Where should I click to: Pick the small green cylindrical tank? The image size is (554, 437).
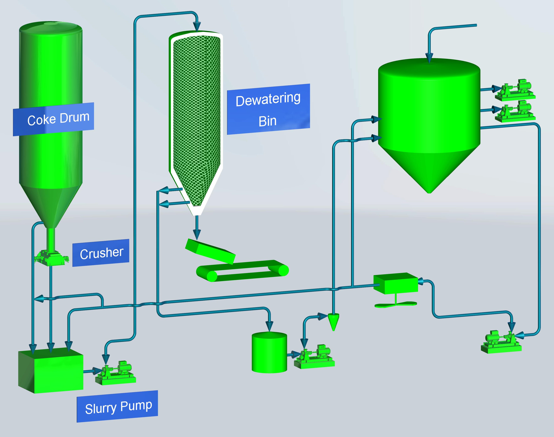tap(269, 353)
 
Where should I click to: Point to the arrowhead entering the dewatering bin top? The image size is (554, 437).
tap(197, 26)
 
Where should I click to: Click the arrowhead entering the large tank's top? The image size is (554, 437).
tap(429, 58)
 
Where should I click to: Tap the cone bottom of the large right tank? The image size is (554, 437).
tap(429, 169)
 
